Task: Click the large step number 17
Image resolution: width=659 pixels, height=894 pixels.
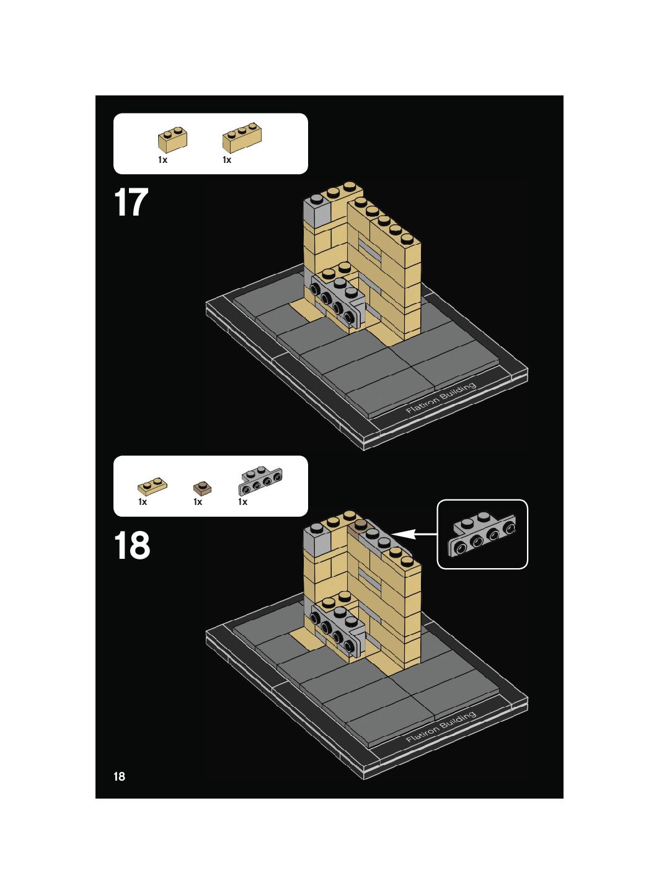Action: tap(131, 203)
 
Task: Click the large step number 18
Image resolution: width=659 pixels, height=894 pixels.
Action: tap(132, 545)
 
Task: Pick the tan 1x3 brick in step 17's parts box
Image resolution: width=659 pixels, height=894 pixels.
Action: tap(242, 138)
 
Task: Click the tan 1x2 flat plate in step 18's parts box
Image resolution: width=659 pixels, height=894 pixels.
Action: tap(153, 486)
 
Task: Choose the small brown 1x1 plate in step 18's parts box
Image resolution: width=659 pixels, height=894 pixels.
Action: tap(203, 488)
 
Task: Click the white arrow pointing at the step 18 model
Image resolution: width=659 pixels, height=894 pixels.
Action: tap(414, 533)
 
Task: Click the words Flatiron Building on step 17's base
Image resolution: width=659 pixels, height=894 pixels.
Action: tap(441, 398)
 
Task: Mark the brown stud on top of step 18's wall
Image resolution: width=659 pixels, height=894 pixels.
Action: tap(358, 527)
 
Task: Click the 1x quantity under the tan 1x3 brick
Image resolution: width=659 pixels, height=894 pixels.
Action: tap(227, 160)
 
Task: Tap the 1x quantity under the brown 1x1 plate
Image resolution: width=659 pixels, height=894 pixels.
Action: tap(198, 502)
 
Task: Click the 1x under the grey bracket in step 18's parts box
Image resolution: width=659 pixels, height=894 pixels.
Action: tap(243, 502)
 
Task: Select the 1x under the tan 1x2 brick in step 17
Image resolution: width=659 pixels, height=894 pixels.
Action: tap(162, 160)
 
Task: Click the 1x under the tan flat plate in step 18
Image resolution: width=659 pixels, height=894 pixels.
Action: tap(143, 502)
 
